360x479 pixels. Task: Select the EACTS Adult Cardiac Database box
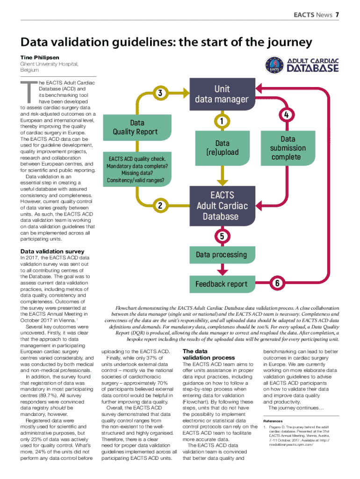(x=222, y=205)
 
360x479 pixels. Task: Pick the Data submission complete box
(x=288, y=148)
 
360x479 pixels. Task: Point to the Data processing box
(x=221, y=254)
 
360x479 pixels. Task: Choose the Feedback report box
(x=221, y=284)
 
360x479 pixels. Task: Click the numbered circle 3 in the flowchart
(x=160, y=93)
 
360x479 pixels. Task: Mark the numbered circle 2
(x=160, y=205)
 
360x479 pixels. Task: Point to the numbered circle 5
(x=222, y=235)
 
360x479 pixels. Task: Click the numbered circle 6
(x=277, y=283)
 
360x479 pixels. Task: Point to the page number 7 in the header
(x=337, y=15)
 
